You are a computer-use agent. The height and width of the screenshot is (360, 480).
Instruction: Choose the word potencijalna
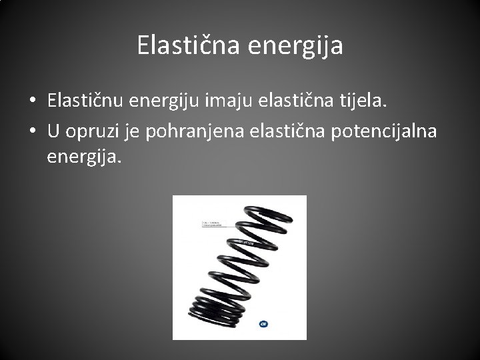pyautogui.click(x=381, y=131)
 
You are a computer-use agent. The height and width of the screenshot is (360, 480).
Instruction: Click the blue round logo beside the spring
pyautogui.click(x=264, y=325)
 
